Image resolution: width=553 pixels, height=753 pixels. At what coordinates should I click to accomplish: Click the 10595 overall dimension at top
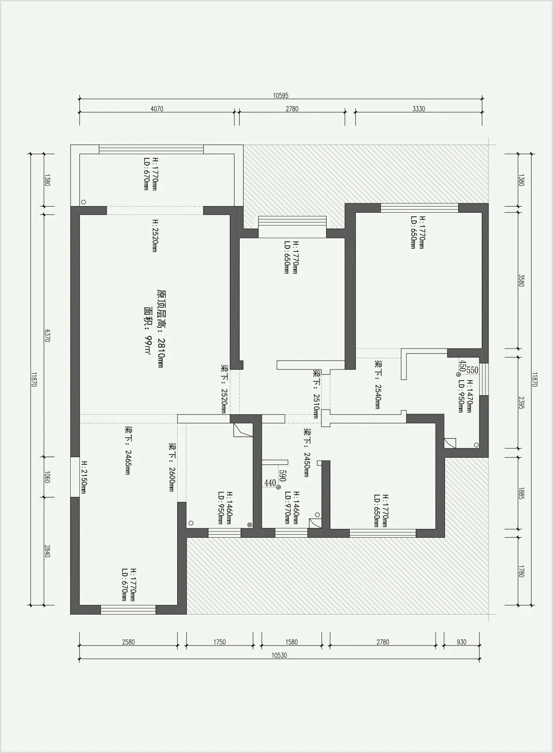tap(281, 95)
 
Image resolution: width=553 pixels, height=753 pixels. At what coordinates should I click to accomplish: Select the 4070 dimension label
tap(157, 109)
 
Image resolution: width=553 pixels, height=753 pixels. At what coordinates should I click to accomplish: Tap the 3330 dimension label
tap(418, 109)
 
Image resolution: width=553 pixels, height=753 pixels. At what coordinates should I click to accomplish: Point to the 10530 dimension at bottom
tap(280, 655)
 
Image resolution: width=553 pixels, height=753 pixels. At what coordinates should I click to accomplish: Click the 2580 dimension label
tap(128, 642)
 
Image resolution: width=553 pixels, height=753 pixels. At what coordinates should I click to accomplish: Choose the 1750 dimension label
tap(220, 642)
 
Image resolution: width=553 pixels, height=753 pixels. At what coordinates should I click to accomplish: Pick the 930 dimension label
tap(462, 642)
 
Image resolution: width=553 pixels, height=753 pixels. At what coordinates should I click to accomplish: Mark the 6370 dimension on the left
tap(47, 335)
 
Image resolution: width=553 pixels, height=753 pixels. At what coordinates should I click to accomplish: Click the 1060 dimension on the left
tap(47, 477)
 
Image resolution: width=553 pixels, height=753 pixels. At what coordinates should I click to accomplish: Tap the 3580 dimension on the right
tap(521, 281)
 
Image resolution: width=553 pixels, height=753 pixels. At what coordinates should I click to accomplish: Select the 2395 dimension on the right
tap(521, 402)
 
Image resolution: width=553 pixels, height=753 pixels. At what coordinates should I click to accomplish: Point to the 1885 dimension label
tap(521, 493)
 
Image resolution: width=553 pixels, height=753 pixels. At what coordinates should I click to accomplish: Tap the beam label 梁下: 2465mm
tap(127, 450)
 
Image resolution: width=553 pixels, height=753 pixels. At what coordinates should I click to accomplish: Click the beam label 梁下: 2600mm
tap(172, 467)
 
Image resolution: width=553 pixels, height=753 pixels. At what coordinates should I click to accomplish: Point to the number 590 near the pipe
tap(282, 476)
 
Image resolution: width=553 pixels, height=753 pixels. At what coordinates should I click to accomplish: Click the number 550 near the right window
tap(472, 370)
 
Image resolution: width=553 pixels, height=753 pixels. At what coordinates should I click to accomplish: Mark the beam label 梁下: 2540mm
tap(378, 384)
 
